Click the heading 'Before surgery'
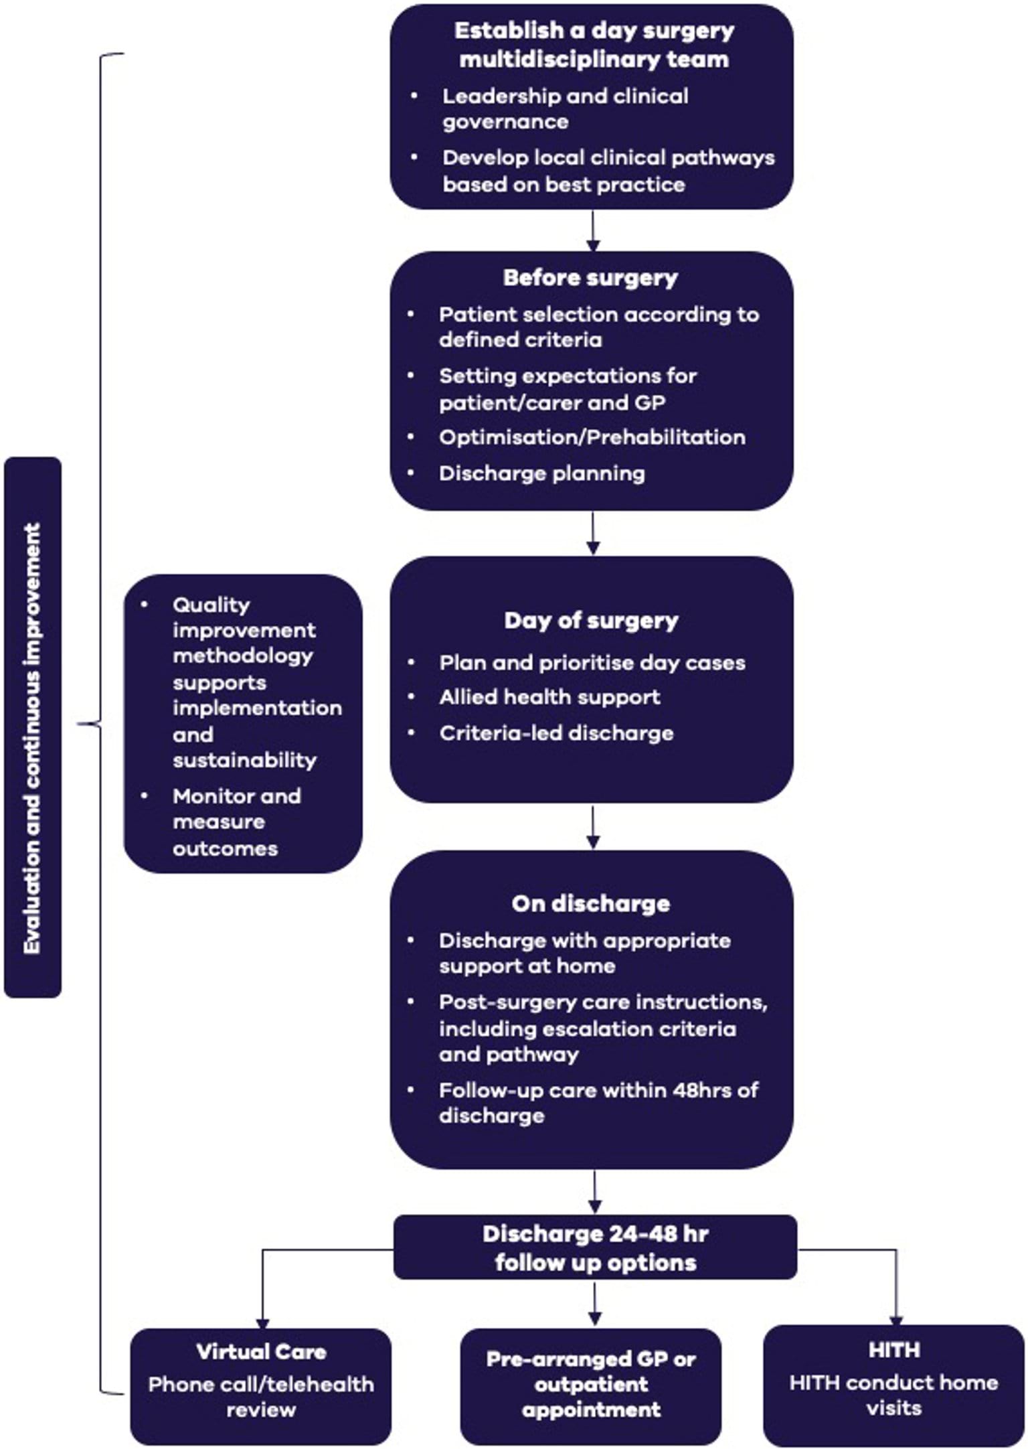pyautogui.click(x=590, y=278)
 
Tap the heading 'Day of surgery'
pyautogui.click(x=591, y=621)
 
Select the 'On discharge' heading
pyautogui.click(x=590, y=904)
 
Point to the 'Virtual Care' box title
pyautogui.click(x=261, y=1351)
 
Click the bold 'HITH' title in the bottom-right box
pyautogui.click(x=894, y=1349)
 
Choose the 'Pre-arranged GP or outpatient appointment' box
pyautogui.click(x=591, y=1384)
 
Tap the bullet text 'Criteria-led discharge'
pyautogui.click(x=556, y=733)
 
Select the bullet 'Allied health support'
pyautogui.click(x=549, y=698)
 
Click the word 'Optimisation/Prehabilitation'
pyautogui.click(x=592, y=437)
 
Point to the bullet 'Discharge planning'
pyautogui.click(x=541, y=473)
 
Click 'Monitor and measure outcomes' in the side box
pyautogui.click(x=237, y=822)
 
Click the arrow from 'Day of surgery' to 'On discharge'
pyautogui.click(x=593, y=828)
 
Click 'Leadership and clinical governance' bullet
pyautogui.click(x=565, y=108)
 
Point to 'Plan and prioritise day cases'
pyautogui.click(x=592, y=663)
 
